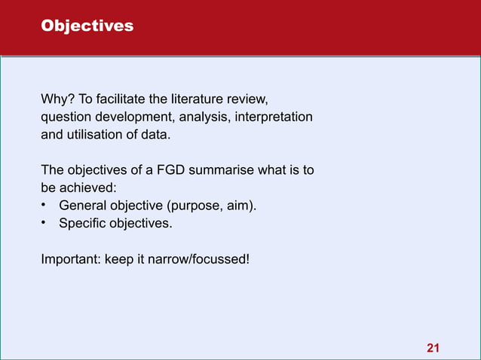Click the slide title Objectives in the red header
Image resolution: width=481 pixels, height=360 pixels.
87,26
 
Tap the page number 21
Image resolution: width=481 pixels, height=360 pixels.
433,347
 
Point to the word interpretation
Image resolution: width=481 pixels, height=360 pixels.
277,118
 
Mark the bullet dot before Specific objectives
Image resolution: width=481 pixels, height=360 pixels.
45,224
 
